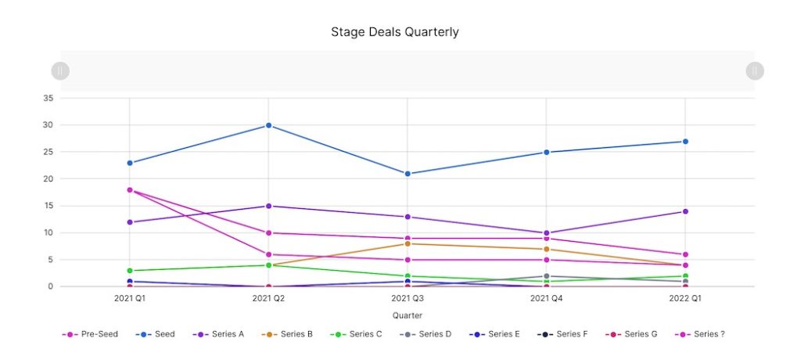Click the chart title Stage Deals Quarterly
coord(394,32)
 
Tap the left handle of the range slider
coord(60,71)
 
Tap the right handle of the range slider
coord(754,71)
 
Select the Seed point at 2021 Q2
coord(268,125)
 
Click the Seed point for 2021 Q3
coord(407,174)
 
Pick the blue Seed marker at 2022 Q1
coord(685,142)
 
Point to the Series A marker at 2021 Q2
coord(268,206)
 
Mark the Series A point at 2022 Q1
coord(685,211)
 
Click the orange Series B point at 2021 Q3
coord(407,243)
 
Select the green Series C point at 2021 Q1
coord(129,271)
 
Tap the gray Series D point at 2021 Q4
coord(546,276)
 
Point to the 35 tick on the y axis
coord(48,99)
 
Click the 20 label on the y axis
coord(48,179)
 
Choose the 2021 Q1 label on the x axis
coord(129,298)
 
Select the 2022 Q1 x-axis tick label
coord(685,298)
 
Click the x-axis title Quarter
coord(407,315)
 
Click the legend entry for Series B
coord(289,334)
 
